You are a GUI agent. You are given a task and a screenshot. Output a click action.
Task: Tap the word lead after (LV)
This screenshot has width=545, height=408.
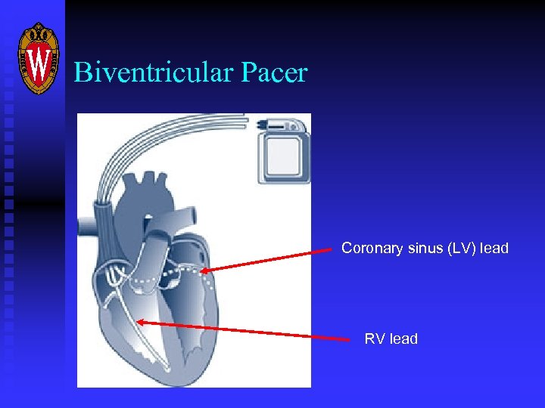[495, 248]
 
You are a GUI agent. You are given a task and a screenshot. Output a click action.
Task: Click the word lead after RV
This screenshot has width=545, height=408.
[403, 338]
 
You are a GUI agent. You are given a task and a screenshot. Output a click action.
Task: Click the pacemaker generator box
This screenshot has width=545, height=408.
[284, 155]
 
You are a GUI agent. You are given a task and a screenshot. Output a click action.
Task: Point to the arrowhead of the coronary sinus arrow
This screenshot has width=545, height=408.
[205, 271]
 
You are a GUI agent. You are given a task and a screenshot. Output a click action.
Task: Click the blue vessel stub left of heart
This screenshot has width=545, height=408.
[85, 225]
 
